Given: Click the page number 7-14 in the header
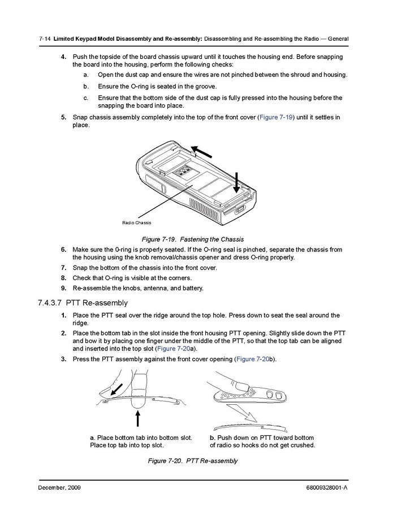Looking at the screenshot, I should [x=45, y=39].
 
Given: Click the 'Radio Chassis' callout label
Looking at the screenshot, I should [x=137, y=223].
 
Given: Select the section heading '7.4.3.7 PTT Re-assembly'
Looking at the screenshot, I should [x=83, y=303].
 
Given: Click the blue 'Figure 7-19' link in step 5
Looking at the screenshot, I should [x=276, y=117].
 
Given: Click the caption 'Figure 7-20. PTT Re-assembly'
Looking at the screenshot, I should [x=193, y=461].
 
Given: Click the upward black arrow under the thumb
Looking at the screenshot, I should [x=137, y=418].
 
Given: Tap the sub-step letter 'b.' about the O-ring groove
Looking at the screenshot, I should [x=86, y=86].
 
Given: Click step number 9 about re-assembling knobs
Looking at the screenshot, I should [x=64, y=288].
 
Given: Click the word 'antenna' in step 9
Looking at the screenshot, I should [x=141, y=288].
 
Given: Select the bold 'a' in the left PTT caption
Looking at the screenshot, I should [x=92, y=438].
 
